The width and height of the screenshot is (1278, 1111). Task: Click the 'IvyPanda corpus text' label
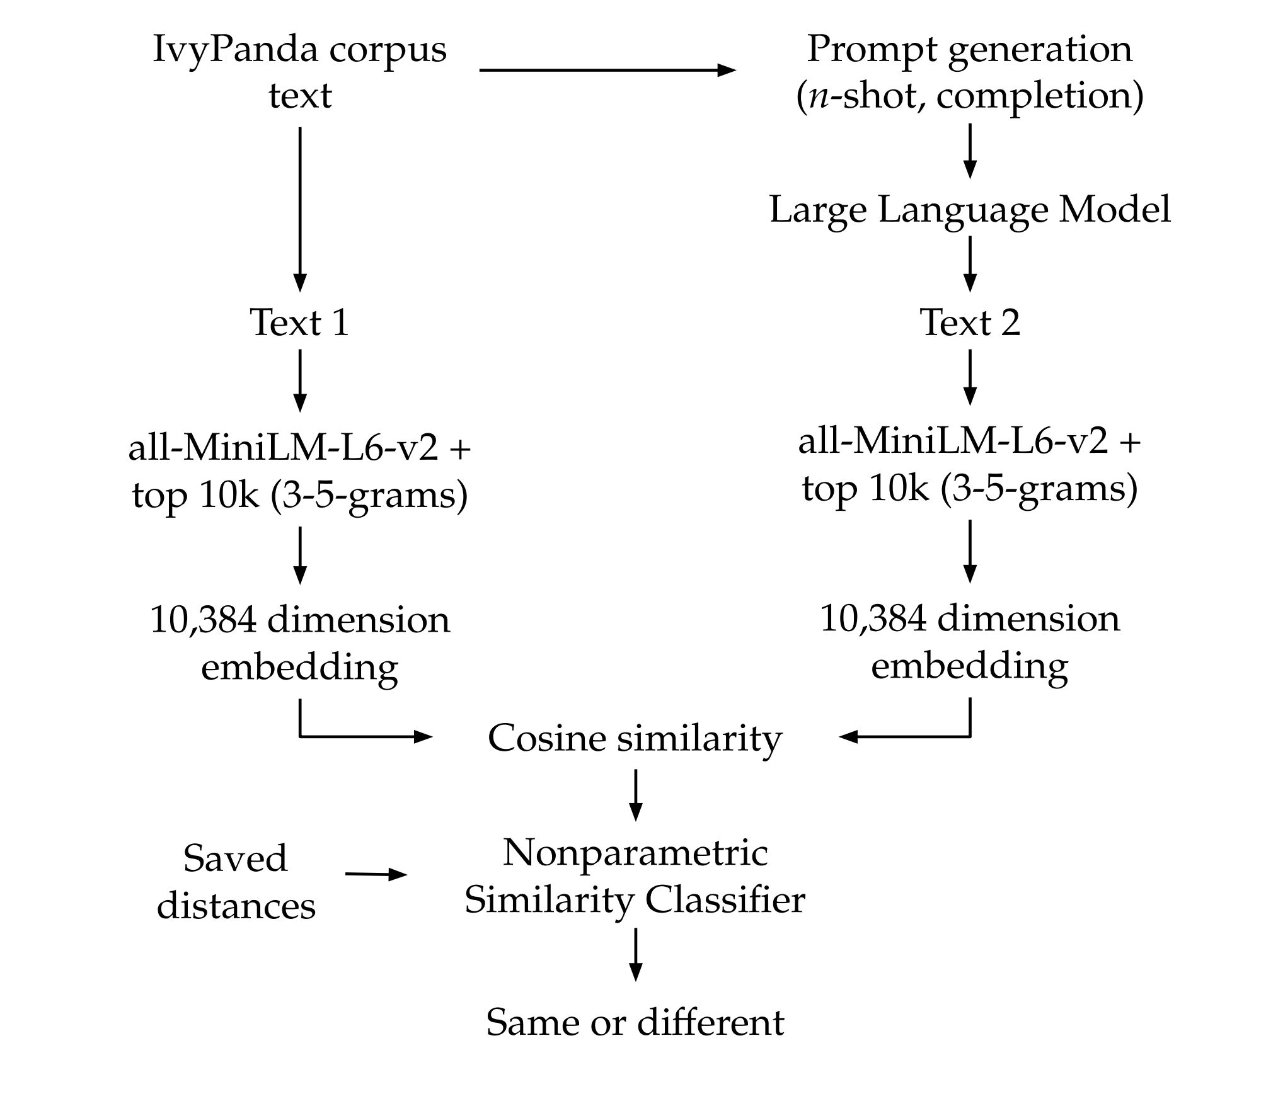click(300, 72)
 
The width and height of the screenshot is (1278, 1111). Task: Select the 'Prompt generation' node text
click(969, 49)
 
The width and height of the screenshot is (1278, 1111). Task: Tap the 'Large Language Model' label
click(970, 209)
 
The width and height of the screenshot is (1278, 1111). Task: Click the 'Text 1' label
click(300, 322)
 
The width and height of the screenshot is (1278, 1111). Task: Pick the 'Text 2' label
click(970, 322)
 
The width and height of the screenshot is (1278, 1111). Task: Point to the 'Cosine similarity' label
click(635, 738)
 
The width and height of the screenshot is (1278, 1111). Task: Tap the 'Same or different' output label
click(635, 1022)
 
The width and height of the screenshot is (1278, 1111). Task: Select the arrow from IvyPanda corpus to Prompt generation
click(607, 70)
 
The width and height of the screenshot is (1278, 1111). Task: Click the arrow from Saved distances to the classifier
click(376, 874)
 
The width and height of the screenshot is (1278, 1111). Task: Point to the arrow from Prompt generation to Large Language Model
click(970, 151)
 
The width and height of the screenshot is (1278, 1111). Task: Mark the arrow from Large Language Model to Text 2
click(970, 265)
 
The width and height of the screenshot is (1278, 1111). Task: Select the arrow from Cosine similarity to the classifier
click(635, 794)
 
